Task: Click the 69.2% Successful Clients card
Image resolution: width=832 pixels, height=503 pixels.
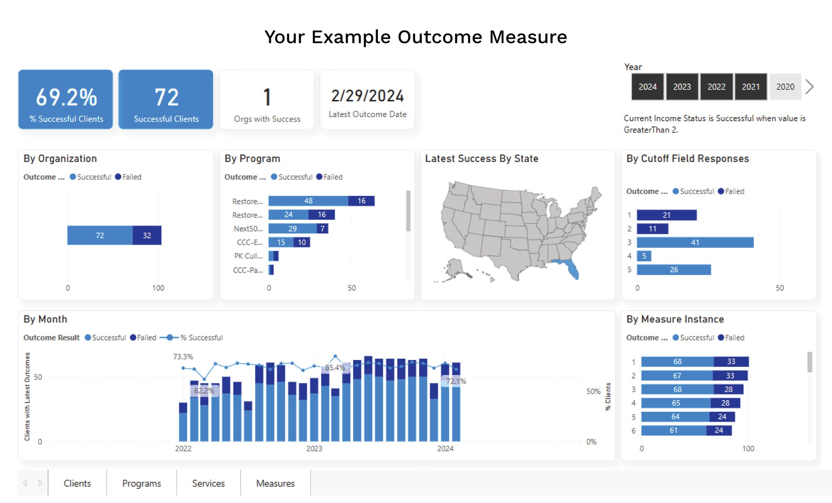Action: (66, 100)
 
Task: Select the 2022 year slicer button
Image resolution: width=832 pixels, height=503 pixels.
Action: (716, 87)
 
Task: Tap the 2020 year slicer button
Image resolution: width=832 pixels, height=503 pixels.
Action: (785, 87)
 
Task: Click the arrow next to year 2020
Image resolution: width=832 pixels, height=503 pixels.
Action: (809, 87)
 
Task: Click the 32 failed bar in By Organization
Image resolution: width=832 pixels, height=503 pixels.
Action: (147, 235)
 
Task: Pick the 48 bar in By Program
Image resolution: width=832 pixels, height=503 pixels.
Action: (308, 201)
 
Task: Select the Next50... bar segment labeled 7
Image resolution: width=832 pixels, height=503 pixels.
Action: (322, 229)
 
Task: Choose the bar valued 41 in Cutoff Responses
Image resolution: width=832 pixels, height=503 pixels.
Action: (695, 242)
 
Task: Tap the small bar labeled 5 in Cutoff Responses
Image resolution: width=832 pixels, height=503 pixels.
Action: (644, 256)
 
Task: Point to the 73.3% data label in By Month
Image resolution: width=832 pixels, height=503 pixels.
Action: (183, 357)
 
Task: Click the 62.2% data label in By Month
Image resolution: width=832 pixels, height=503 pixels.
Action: (204, 391)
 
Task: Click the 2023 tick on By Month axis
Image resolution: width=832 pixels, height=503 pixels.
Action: (314, 448)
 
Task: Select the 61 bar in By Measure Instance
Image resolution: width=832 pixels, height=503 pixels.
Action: (674, 430)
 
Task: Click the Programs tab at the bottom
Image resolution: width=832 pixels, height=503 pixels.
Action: (141, 483)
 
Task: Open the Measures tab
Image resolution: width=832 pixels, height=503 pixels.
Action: (275, 483)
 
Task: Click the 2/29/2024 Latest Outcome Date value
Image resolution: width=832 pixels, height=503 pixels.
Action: (367, 96)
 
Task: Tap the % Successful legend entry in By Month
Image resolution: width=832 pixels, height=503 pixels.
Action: (201, 338)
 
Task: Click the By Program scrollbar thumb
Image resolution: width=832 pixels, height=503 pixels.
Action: (408, 211)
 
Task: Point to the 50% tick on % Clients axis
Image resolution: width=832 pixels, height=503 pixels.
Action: (593, 391)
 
